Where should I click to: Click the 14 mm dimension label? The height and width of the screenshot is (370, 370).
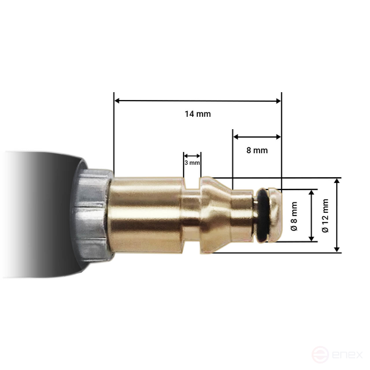(x=197, y=114)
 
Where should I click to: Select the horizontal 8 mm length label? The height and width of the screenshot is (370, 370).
(x=256, y=150)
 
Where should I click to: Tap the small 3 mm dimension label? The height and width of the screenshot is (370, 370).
(x=191, y=163)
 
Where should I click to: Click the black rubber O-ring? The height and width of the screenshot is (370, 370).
(x=263, y=216)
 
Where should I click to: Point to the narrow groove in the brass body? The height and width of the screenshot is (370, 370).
(x=191, y=215)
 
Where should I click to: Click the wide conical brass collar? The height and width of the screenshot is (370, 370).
(x=216, y=215)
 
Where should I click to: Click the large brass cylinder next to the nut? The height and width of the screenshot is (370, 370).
(x=146, y=215)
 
